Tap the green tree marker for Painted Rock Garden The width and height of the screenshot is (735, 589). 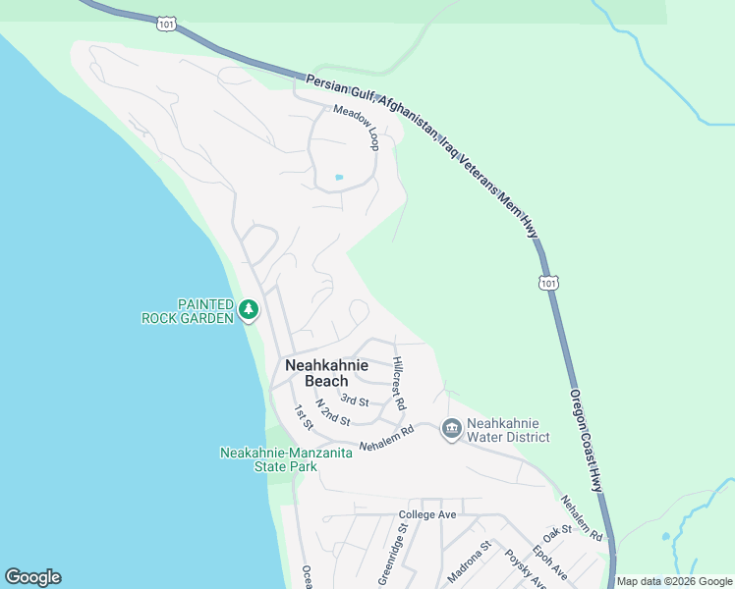pos(249,310)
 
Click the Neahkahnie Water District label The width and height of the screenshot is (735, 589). pos(508,430)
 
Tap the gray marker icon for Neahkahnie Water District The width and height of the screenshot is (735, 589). pos(451,428)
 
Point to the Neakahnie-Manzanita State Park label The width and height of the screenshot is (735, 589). pos(269,459)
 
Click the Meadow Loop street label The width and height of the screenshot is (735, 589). pos(356,128)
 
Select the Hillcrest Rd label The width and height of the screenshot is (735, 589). pos(399,383)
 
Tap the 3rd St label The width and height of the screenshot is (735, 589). pos(355,401)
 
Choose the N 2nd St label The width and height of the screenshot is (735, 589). pos(334,412)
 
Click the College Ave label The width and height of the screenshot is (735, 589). pos(427,514)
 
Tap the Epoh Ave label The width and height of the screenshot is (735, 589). pos(549,559)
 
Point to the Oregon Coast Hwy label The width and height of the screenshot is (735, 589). pos(587,438)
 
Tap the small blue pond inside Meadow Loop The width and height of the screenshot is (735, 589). pos(339,178)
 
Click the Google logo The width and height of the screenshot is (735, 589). pos(32,577)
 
